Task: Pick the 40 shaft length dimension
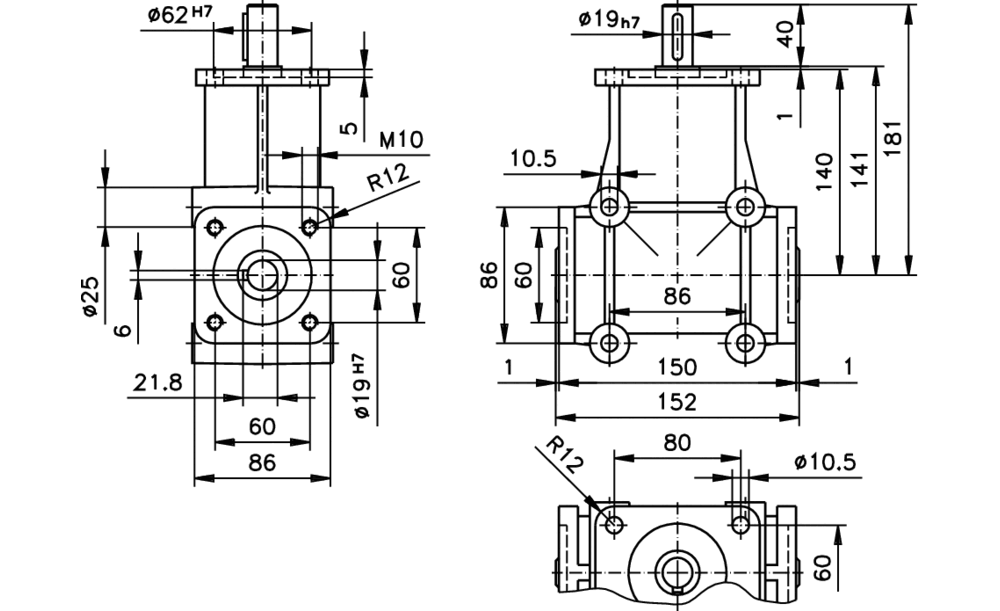787,34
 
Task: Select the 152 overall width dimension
678,401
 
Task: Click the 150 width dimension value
678,368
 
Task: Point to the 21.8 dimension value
156,382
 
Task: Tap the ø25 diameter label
89,297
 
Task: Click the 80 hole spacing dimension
676,441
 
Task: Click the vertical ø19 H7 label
367,385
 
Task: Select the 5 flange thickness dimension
348,129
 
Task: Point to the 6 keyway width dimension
123,329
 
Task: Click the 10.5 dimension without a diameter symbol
533,159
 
